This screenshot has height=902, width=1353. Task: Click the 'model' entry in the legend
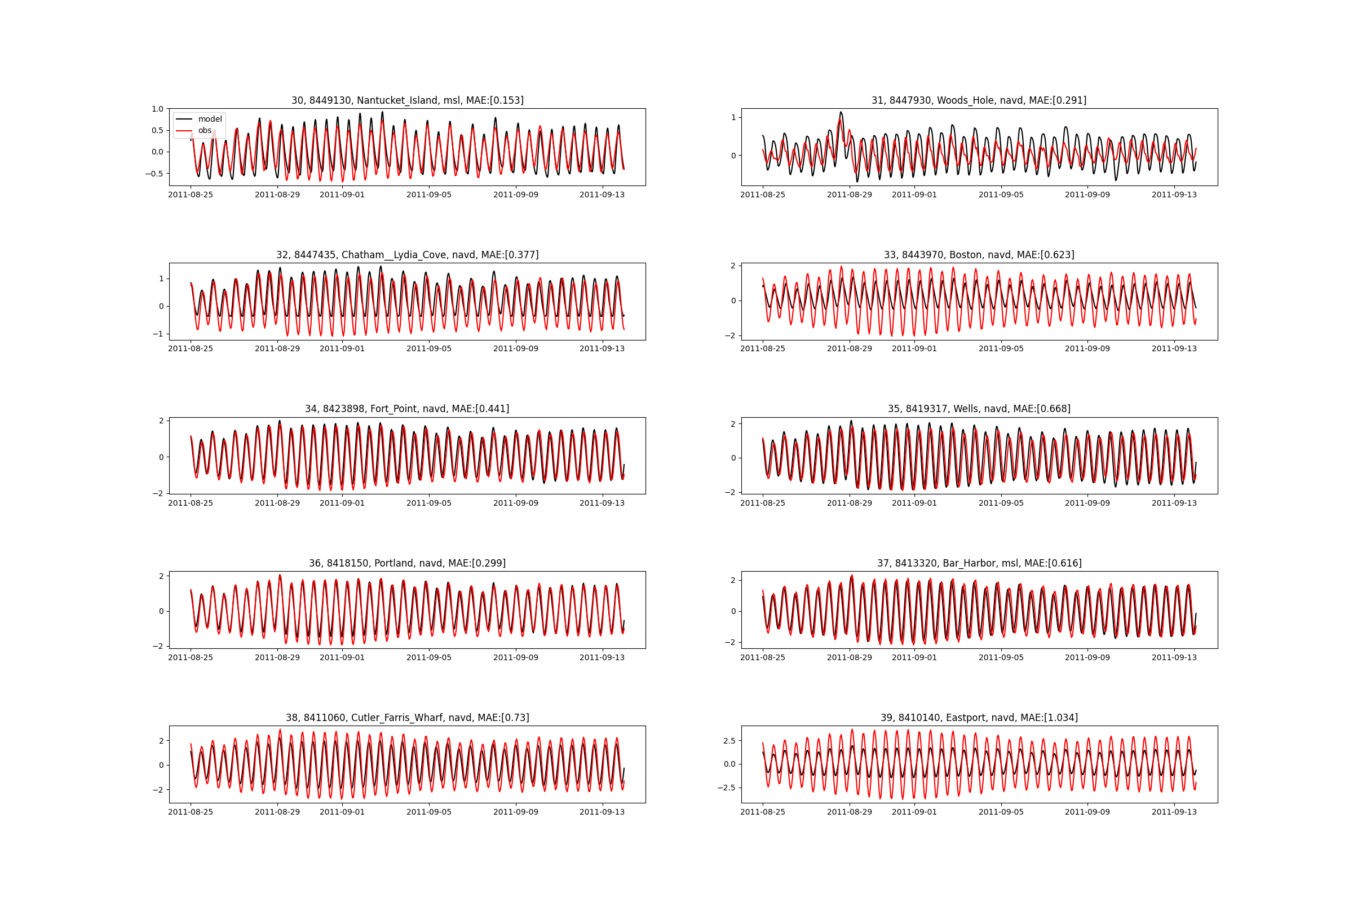(x=209, y=119)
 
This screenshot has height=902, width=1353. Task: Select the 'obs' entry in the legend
(x=205, y=131)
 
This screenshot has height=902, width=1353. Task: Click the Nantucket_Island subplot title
(x=407, y=100)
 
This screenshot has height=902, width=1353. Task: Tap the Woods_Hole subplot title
(x=979, y=100)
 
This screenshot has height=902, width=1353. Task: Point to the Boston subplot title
(x=979, y=255)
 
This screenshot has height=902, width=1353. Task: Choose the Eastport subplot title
(x=979, y=717)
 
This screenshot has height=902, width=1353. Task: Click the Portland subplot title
(x=407, y=563)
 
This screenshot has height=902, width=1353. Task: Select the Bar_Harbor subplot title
(x=979, y=563)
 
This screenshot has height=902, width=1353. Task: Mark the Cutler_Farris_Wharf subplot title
(x=407, y=717)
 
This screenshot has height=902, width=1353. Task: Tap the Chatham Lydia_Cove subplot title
(x=407, y=255)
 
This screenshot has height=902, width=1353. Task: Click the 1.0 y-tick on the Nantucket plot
(x=158, y=109)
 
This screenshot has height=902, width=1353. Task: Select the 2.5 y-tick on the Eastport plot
(x=729, y=741)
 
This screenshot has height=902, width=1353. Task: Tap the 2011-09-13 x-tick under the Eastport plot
(x=1174, y=812)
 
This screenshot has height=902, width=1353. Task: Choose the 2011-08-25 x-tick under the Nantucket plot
(x=191, y=194)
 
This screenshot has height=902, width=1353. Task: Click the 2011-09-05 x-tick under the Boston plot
(x=1001, y=348)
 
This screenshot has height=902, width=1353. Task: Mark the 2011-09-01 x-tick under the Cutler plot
(x=342, y=812)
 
